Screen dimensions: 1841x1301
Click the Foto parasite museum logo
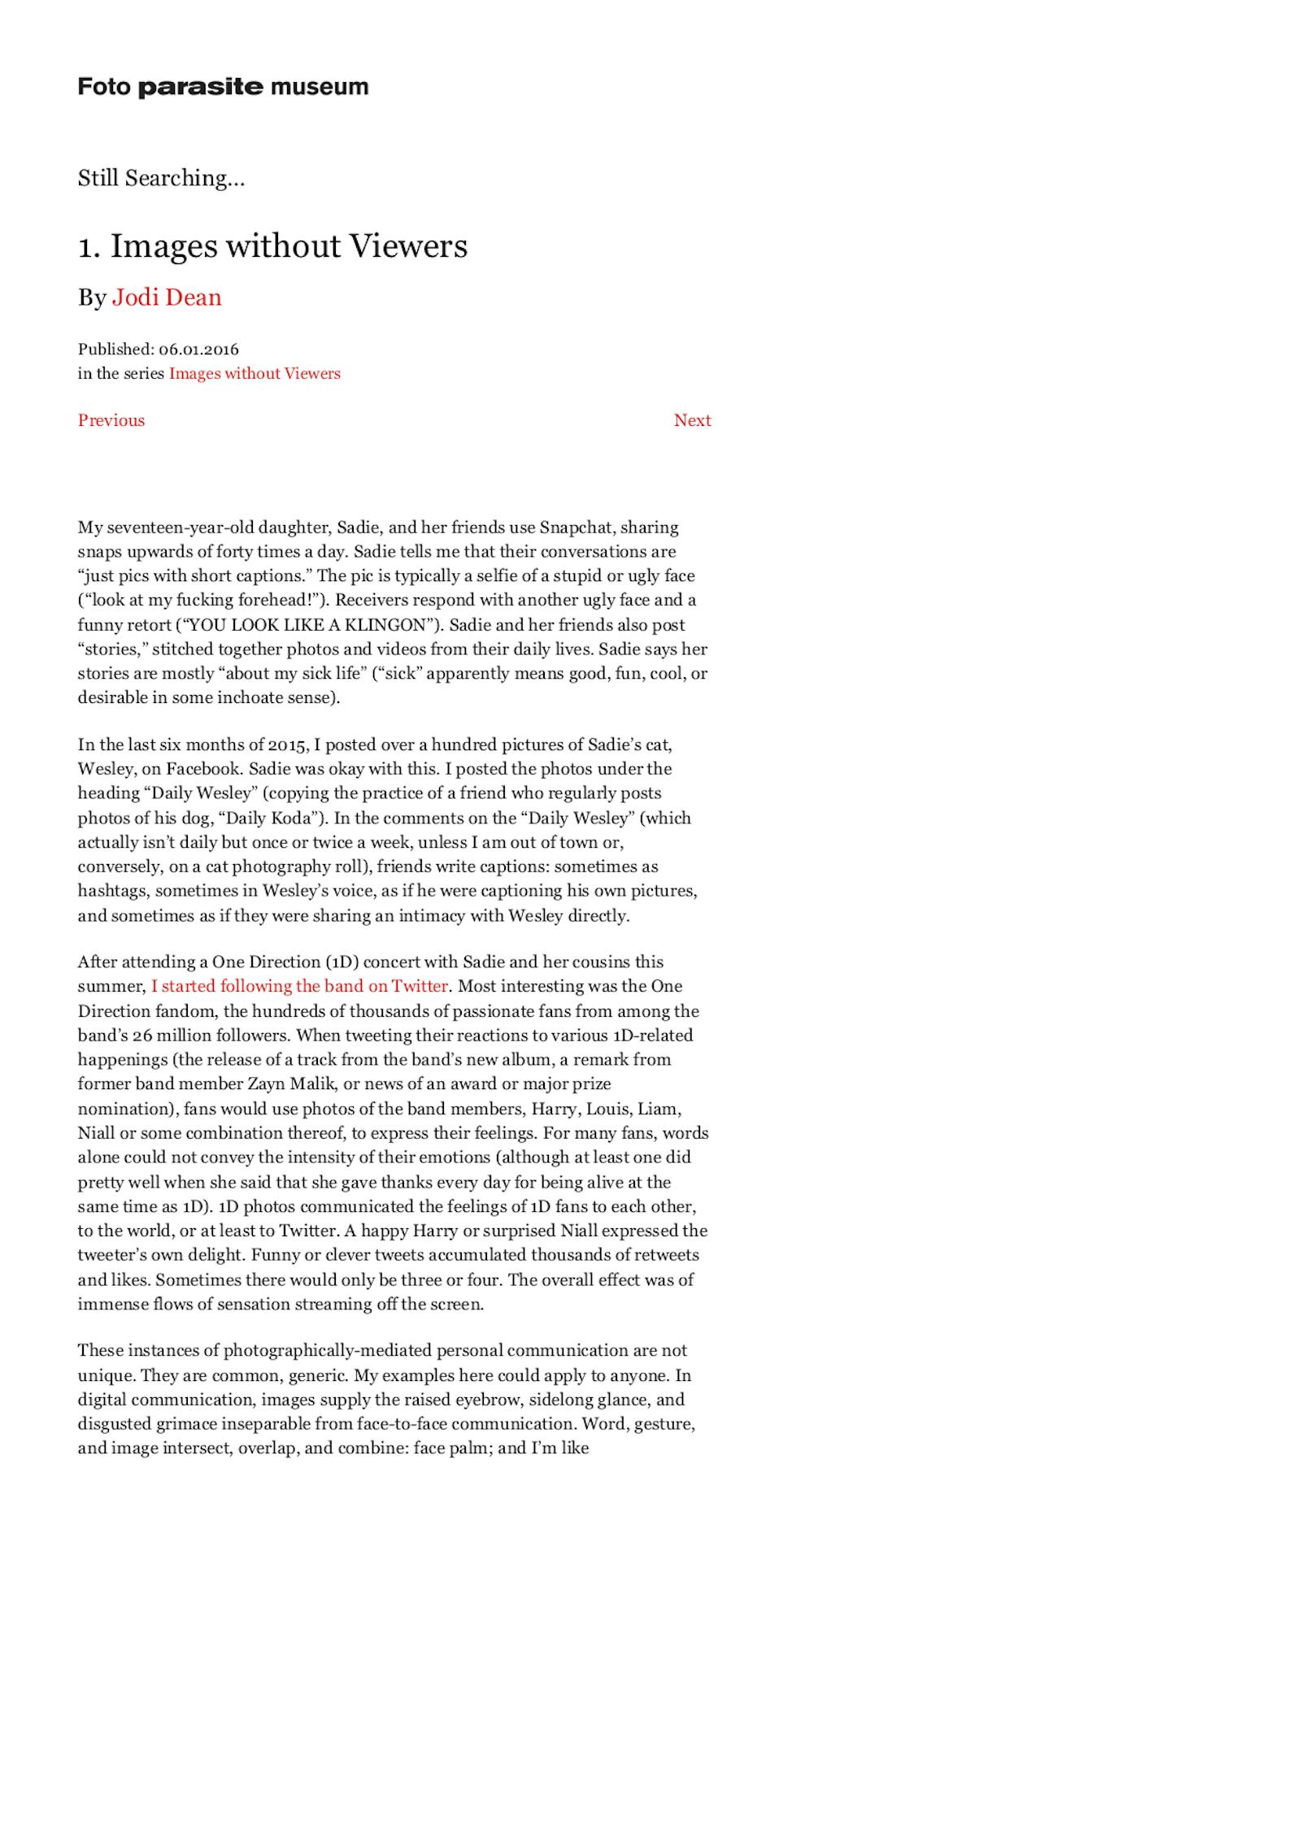pyautogui.click(x=223, y=87)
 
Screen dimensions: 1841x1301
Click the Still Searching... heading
pyautogui.click(x=161, y=178)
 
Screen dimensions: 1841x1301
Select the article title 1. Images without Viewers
pyautogui.click(x=272, y=246)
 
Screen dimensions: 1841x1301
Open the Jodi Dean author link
pyautogui.click(x=167, y=297)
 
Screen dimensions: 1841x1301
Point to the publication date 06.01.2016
pyautogui.click(x=198, y=350)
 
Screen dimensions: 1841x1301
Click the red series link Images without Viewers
pyautogui.click(x=255, y=374)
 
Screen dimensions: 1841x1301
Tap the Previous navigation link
pyautogui.click(x=111, y=420)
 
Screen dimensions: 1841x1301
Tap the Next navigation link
pyautogui.click(x=692, y=420)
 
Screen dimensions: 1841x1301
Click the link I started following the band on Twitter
pyautogui.click(x=299, y=986)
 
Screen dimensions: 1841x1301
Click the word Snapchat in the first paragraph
pyautogui.click(x=576, y=528)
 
